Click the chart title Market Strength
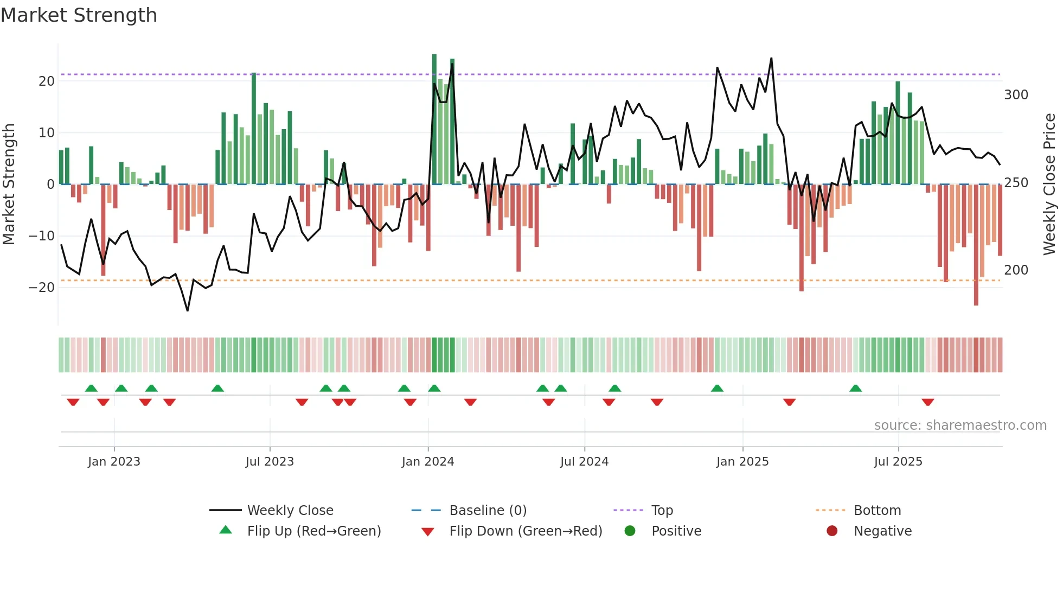[x=79, y=15]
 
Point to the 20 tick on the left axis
[x=47, y=81]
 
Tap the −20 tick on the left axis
[x=42, y=288]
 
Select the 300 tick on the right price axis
[x=1016, y=95]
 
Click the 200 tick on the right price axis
[x=1016, y=270]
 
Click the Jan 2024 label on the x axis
[x=427, y=462]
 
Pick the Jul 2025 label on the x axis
[x=898, y=462]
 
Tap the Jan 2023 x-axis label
[x=114, y=462]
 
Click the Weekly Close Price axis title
[x=1049, y=185]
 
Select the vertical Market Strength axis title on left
[x=9, y=185]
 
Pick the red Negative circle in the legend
[x=831, y=531]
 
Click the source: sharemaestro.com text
[x=960, y=425]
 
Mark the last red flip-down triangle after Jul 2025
[x=927, y=402]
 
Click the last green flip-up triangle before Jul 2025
[x=855, y=389]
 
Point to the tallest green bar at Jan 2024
[x=434, y=119]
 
